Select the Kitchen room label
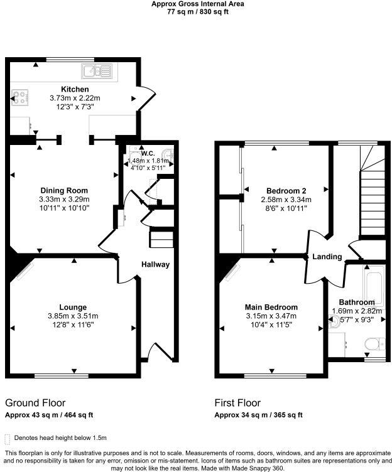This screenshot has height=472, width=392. tap(75, 89)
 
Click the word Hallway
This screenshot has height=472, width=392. tap(155, 264)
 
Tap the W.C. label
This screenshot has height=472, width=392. tap(148, 153)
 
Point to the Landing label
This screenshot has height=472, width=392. tap(327, 257)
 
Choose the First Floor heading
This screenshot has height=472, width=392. tap(237, 402)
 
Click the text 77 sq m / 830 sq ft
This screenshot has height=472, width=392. tap(197, 11)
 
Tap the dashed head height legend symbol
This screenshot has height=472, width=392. tap(8, 437)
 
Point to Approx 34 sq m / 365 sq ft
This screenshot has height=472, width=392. tap(258, 415)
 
